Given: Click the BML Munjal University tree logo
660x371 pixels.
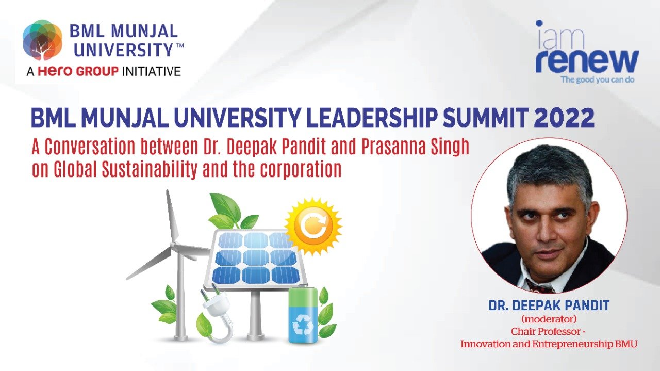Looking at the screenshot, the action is [43, 40].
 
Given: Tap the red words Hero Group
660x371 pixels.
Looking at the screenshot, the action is [78, 71].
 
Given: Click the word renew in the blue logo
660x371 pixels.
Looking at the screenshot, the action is [587, 61].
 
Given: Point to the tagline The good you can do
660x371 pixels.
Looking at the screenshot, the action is [598, 79].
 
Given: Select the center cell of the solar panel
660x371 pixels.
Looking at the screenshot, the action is [255, 258].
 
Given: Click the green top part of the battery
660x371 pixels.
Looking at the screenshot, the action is [303, 296].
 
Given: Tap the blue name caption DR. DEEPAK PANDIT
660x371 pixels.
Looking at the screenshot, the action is [549, 306].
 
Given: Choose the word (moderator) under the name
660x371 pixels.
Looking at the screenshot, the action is [549, 319].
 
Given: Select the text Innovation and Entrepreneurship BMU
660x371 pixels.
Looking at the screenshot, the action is [549, 344].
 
